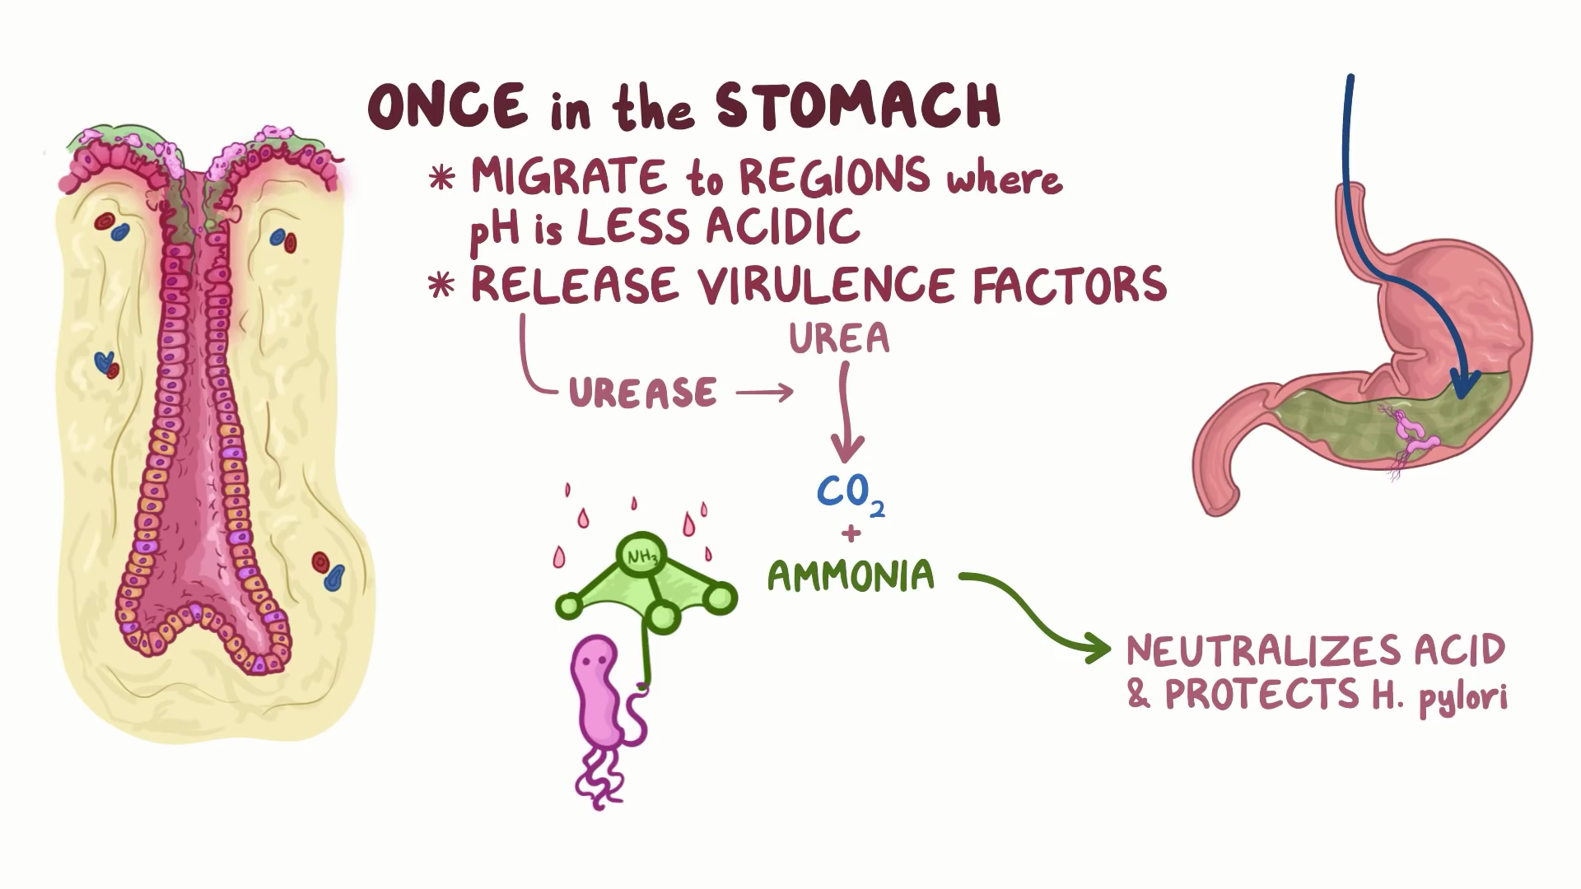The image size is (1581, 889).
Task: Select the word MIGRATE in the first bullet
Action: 568,177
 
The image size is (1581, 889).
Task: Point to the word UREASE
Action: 642,393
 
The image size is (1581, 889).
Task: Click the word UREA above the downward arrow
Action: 839,338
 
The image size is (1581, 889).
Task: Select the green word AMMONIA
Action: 851,575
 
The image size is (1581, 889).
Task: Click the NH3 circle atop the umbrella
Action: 642,557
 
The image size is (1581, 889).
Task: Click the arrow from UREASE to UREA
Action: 764,393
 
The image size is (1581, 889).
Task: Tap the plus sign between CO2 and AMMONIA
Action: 851,533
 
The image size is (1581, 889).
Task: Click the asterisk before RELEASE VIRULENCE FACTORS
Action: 442,285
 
